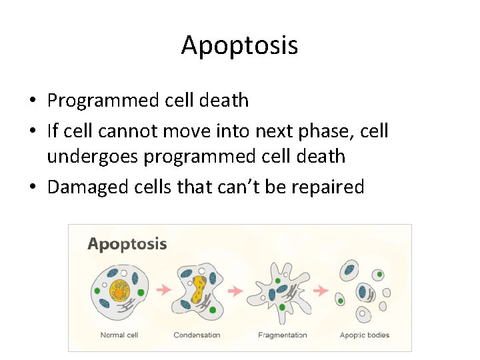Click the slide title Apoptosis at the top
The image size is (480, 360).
(239, 46)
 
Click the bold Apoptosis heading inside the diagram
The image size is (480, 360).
(127, 243)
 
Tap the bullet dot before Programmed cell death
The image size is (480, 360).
(32, 101)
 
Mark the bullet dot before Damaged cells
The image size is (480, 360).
(32, 187)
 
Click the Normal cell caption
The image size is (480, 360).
(119, 335)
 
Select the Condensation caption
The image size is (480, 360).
(197, 335)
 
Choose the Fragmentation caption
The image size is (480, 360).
(282, 335)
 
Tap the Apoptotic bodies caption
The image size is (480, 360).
(364, 335)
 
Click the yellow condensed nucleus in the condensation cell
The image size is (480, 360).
(197, 290)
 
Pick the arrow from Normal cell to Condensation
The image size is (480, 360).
(162, 291)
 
